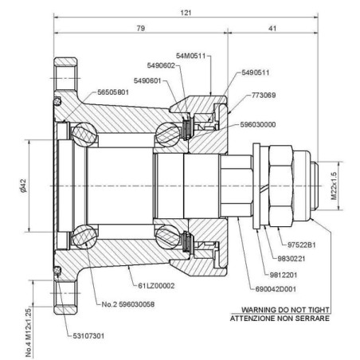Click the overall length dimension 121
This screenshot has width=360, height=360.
tap(186, 13)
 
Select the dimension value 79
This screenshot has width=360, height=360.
tap(141, 28)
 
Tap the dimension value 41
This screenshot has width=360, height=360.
tap(272, 28)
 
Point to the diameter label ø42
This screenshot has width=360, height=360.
tap(23, 186)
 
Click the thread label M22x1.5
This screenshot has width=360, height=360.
tap(334, 186)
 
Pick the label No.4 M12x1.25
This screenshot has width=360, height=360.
tap(29, 332)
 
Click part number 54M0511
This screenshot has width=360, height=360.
tap(191, 56)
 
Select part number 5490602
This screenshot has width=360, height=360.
tap(161, 65)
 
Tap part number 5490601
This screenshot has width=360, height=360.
tap(147, 80)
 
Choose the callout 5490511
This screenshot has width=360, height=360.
tap(256, 72)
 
